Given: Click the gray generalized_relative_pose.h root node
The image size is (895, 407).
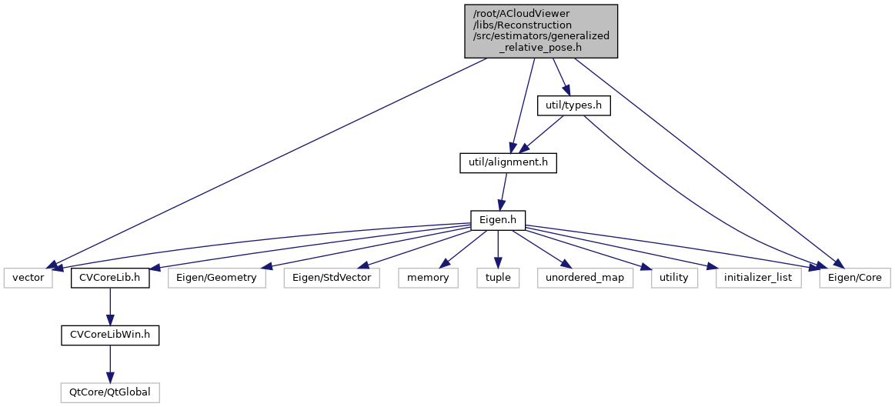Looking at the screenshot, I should coord(541,30).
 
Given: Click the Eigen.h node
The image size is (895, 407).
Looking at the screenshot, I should coord(498,221).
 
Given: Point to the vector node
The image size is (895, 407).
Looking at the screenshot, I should coord(28,278).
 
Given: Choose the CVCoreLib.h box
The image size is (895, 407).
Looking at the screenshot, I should coord(110,278).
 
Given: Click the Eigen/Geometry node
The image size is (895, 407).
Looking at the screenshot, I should coord(218,278).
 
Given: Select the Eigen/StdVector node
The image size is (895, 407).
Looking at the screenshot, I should coord(332,278).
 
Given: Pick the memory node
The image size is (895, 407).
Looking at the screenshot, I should coord(428,278).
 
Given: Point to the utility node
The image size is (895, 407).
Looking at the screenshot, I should coord(673,278).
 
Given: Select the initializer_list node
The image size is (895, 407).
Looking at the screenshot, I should coord(758,278).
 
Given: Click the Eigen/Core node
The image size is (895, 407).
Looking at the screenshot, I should coord(854,278).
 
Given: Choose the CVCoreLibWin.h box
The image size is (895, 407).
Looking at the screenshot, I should coord(110,335).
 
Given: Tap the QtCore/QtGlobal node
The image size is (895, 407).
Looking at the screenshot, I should coord(110,392).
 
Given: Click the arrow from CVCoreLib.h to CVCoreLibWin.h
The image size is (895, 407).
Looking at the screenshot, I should coord(110,306).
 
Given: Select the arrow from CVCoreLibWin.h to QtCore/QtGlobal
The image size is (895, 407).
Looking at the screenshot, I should coord(110,364).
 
